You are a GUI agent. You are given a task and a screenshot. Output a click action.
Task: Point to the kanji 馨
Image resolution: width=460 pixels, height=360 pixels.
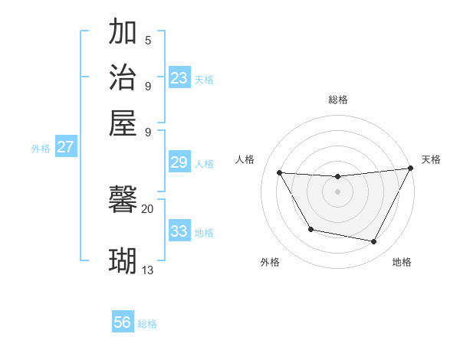click(123, 201)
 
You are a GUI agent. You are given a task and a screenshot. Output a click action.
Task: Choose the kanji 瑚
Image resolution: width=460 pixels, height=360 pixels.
click(123, 260)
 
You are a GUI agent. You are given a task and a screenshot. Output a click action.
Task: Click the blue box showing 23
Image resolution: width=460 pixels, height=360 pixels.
click(179, 77)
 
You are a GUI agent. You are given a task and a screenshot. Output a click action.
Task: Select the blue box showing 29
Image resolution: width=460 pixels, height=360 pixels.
click(179, 162)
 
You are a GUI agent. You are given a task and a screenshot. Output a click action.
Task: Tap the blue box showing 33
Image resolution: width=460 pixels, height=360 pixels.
click(179, 231)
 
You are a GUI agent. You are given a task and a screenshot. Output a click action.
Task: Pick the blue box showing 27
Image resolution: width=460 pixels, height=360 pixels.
click(66, 147)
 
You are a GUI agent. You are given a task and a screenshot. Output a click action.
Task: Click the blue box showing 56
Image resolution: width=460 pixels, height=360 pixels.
click(123, 322)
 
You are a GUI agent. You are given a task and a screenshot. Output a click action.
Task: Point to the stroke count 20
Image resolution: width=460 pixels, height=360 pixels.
click(147, 208)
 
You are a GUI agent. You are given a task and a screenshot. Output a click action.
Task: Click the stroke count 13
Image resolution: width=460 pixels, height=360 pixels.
click(148, 270)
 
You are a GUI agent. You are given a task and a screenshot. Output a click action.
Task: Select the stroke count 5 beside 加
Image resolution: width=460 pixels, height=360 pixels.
click(148, 40)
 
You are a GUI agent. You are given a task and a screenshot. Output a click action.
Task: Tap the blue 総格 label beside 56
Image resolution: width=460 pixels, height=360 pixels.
click(147, 324)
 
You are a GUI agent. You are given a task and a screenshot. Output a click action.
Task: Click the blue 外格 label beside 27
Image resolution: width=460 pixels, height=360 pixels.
click(41, 149)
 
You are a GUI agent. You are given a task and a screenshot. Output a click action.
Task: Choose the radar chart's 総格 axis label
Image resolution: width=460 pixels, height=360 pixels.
click(337, 100)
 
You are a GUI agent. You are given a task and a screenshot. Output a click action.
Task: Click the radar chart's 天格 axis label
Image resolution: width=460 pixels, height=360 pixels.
click(431, 159)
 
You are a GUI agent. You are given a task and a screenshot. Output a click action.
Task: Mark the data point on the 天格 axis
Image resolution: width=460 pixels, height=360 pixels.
click(410, 169)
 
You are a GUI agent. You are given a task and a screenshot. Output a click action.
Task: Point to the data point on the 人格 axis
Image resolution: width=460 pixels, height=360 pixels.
click(280, 172)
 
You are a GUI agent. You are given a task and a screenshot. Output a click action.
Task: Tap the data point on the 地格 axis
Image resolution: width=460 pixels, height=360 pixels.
click(374, 242)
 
